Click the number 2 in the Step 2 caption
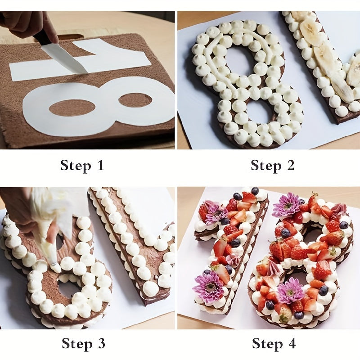point(290,165)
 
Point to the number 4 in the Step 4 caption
point(291,344)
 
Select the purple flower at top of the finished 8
point(287,205)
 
